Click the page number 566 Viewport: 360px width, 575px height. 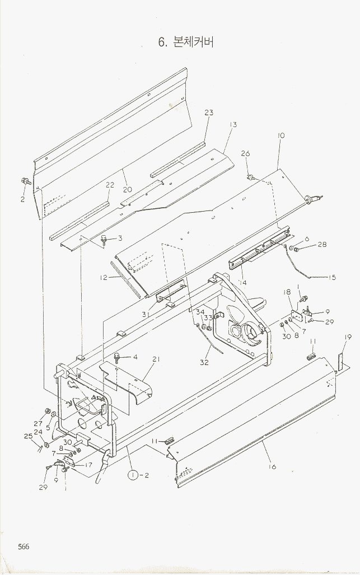(23, 547)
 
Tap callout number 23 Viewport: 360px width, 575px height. (208, 113)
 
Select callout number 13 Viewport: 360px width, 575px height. (233, 124)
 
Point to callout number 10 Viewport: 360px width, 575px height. (281, 135)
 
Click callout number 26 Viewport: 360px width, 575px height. (245, 154)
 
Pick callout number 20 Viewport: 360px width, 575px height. (128, 189)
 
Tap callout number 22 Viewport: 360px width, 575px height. (110, 185)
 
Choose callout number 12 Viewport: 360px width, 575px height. (104, 277)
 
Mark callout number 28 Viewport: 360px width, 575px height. (322, 244)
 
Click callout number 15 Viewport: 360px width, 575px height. (332, 277)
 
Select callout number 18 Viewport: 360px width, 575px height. (287, 292)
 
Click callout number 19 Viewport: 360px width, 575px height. (348, 337)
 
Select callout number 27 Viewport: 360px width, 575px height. (38, 423)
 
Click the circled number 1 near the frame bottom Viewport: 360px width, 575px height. (133, 475)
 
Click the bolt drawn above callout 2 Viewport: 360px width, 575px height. (25, 181)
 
